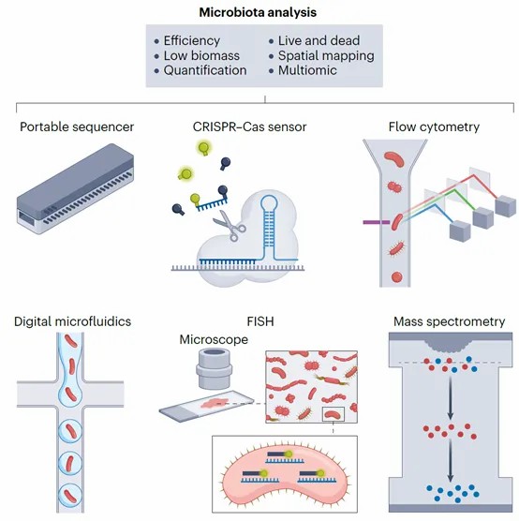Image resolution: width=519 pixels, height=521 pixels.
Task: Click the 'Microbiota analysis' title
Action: coord(258,12)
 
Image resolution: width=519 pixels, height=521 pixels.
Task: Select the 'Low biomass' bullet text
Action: coord(201,55)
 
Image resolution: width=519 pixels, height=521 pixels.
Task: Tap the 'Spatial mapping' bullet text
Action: coord(326,56)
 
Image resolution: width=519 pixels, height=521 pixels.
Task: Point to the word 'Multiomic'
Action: coord(307,70)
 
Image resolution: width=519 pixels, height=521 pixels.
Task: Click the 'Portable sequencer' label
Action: coord(77,127)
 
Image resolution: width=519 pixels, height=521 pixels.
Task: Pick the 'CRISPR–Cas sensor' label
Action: coord(249,127)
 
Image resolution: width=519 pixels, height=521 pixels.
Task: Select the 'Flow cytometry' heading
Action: coord(434,127)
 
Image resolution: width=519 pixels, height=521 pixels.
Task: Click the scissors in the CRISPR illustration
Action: coord(230,225)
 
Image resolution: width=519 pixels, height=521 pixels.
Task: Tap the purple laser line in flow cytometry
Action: coord(377,222)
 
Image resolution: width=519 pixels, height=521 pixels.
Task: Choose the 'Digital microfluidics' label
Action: coord(72,321)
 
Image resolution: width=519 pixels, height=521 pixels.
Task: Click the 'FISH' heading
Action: coord(260,321)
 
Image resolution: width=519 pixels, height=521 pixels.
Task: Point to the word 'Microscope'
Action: coord(214,339)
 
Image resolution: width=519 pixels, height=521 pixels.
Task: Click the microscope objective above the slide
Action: coord(214,369)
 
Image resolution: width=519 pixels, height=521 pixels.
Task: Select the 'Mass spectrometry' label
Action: coord(450,321)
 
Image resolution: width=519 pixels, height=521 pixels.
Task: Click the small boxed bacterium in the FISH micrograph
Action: coord(334,414)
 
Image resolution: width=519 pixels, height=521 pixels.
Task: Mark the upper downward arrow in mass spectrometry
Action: coord(451,396)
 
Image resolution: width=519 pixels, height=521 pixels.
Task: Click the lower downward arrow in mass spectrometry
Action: coord(451,460)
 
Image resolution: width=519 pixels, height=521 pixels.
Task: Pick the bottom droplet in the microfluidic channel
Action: coord(70,495)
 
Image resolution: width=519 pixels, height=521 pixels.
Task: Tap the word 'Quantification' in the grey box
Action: coord(205,70)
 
